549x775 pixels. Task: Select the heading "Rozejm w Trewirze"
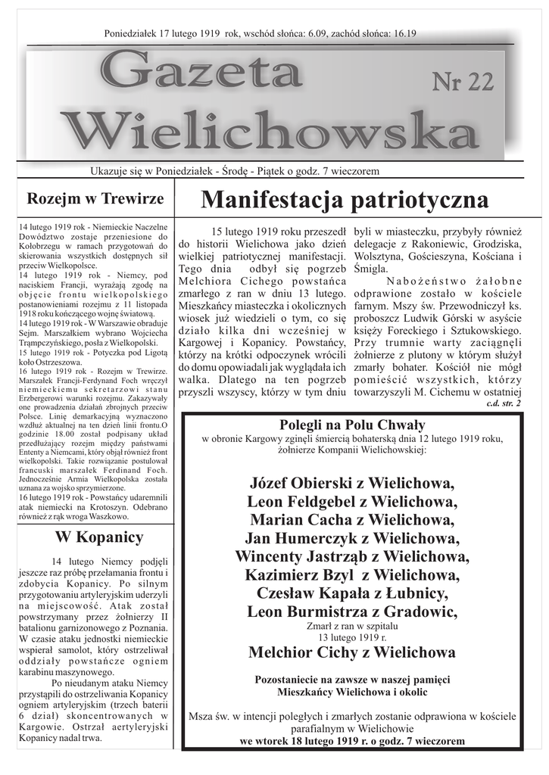pos(95,199)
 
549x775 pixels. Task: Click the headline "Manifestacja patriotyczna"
pos(345,200)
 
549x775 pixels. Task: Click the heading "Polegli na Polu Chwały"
pos(352,425)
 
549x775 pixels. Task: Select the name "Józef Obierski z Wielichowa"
pos(352,483)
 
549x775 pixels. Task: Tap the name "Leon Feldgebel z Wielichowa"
pos(352,502)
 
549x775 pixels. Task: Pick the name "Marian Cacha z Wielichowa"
pos(352,520)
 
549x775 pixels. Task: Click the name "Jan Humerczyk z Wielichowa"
pos(352,539)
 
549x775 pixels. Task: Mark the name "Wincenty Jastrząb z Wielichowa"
pos(352,557)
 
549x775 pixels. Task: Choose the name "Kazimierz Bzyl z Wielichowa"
pos(352,575)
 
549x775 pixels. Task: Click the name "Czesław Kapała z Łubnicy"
pos(352,593)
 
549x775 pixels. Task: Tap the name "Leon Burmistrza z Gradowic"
pos(352,612)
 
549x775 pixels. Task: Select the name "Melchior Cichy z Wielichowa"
pos(352,652)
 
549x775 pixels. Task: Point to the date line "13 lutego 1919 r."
pos(352,636)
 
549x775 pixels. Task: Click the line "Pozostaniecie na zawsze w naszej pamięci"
pos(352,678)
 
